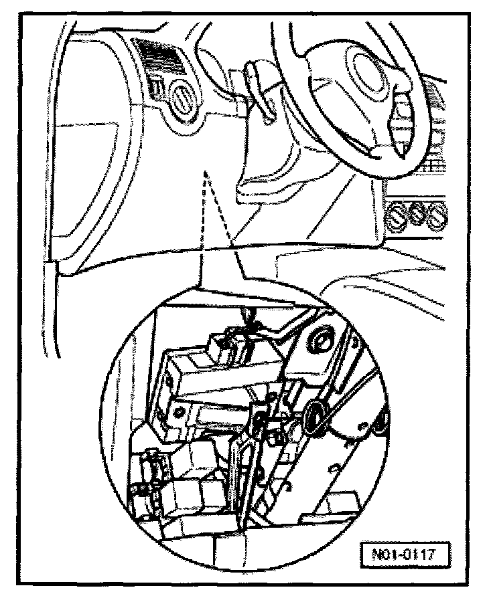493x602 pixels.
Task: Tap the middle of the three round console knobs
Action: pyautogui.click(x=417, y=214)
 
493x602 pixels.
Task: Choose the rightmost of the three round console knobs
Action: pyautogui.click(x=439, y=215)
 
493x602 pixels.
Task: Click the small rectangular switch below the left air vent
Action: pyautogui.click(x=156, y=86)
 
